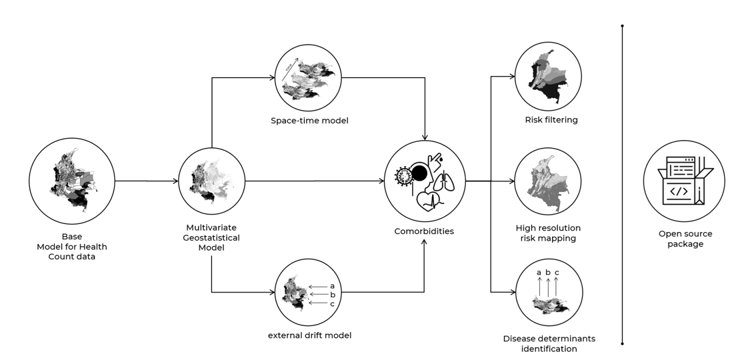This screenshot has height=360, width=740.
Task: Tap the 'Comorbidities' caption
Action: tap(424, 231)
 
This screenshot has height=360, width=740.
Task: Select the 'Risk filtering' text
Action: tap(551, 120)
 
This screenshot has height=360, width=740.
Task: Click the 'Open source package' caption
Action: tap(685, 239)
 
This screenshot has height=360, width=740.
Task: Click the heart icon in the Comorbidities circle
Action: tap(430, 201)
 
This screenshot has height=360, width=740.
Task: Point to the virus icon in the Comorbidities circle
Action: tap(403, 177)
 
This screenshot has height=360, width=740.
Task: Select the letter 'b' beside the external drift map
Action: tap(332, 294)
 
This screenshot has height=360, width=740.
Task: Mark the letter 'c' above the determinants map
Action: tap(557, 273)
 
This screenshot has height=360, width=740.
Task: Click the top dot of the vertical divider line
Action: tap(622, 26)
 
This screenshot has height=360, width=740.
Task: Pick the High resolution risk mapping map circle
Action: tap(549, 181)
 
